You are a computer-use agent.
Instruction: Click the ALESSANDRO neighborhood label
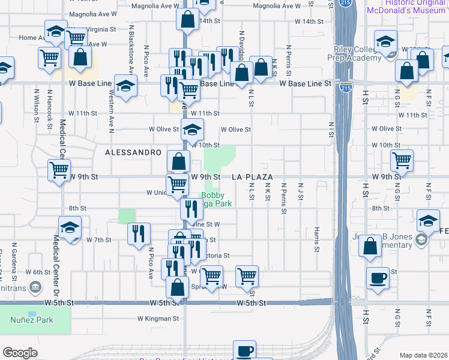point(133,153)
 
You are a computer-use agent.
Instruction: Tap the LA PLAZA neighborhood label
point(253,178)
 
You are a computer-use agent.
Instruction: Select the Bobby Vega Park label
point(216,199)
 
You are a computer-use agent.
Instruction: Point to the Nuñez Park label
point(31,320)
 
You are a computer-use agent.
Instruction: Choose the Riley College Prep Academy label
point(358,53)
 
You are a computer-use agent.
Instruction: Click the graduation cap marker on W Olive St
point(192,130)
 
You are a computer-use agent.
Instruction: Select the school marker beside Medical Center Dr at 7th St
point(70,228)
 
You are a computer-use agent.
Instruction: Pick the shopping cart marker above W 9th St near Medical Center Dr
point(59,170)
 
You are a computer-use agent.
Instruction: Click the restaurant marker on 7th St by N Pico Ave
point(139,234)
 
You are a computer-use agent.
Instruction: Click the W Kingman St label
point(158,319)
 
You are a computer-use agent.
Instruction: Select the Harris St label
point(316,239)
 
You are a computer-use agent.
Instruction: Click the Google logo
point(20,353)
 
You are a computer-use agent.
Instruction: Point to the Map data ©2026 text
point(423,355)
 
